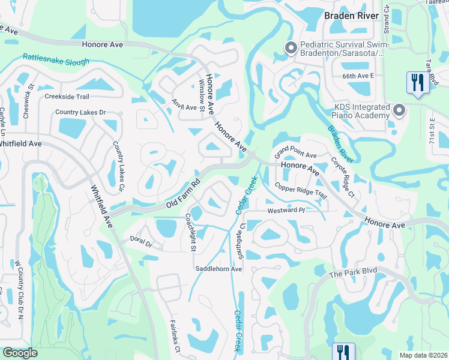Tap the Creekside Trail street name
[x=67, y=97]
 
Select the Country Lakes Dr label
[x=80, y=112]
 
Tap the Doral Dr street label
[x=142, y=242]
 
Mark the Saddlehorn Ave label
[x=218, y=269]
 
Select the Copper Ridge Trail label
[x=300, y=190]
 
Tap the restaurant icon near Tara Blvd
[x=416, y=82]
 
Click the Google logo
[x=20, y=352]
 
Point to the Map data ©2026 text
[x=423, y=355]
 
